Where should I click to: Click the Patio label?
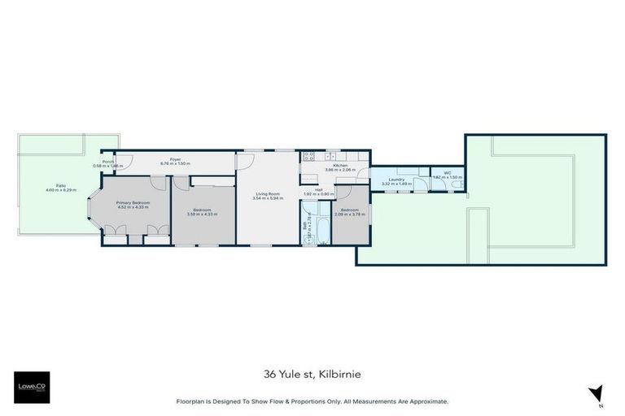61,185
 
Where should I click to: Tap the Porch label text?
107,161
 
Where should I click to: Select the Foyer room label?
174,158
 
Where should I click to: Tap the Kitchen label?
335,165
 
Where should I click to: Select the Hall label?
319,189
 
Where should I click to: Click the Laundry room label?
396,180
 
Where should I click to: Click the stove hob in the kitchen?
308,155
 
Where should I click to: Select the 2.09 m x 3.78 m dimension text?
350,215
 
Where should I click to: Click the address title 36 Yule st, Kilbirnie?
312,375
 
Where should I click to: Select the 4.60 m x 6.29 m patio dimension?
61,190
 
